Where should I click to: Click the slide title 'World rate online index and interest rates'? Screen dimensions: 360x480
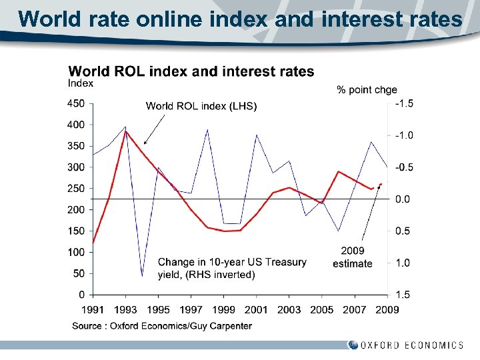pyautogui.click(x=240, y=19)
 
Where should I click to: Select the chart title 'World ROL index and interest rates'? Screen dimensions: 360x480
pyautogui.click(x=191, y=71)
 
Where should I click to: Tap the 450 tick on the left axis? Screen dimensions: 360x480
pyautogui.click(x=77, y=103)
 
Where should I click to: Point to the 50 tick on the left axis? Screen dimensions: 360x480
pyautogui.click(x=79, y=273)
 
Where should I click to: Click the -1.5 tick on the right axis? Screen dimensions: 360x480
pyautogui.click(x=404, y=103)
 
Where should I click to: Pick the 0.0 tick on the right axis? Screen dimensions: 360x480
pyautogui.click(x=404, y=199)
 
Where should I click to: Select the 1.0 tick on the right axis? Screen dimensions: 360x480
pyautogui.click(x=404, y=263)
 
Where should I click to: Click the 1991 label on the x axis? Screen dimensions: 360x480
pyautogui.click(x=93, y=309)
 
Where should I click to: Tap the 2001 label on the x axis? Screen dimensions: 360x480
pyautogui.click(x=256, y=309)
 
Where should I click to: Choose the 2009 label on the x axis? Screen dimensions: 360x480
pyautogui.click(x=387, y=309)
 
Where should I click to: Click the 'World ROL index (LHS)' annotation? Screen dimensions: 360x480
pyautogui.click(x=201, y=106)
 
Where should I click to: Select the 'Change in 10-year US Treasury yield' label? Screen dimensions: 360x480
pyautogui.click(x=232, y=268)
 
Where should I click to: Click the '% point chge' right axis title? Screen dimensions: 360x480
pyautogui.click(x=367, y=89)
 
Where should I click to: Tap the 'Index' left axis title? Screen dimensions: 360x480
pyautogui.click(x=81, y=83)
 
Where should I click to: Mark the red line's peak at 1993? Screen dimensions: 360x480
pyautogui.click(x=125, y=131)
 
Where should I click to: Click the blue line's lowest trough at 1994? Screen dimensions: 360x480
pyautogui.click(x=142, y=275)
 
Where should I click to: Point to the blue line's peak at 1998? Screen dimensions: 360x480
pyautogui.click(x=207, y=129)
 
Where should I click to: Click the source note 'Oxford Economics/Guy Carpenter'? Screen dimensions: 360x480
pyautogui.click(x=162, y=326)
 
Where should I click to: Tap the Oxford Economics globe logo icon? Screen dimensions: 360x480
pyautogui.click(x=353, y=345)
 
